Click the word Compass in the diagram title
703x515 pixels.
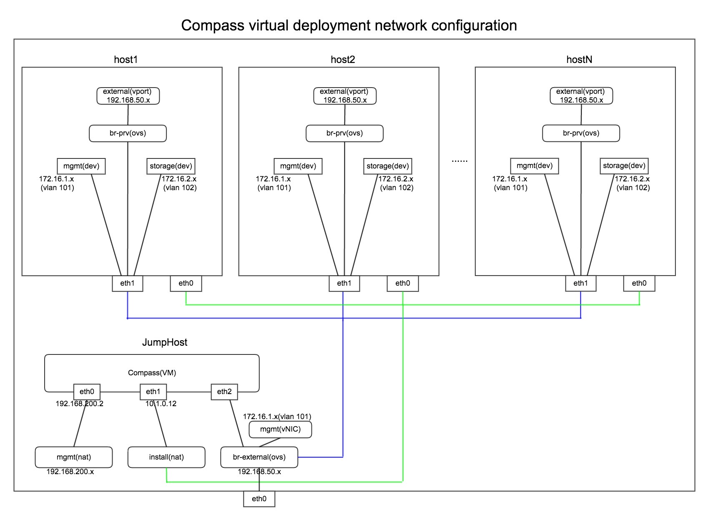[x=212, y=26]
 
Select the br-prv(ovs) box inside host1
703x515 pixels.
[x=128, y=133]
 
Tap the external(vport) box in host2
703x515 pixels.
[x=345, y=96]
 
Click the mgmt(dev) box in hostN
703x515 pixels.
[x=534, y=166]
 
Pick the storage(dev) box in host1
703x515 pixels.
[x=171, y=166]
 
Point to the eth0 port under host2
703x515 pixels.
[x=402, y=284]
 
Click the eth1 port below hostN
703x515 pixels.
[x=580, y=284]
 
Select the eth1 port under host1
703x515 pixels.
[x=128, y=284]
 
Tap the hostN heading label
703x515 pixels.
[x=579, y=60]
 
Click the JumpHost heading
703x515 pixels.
[x=165, y=342]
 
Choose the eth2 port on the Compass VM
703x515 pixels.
[x=224, y=392]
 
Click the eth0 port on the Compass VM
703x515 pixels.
[x=87, y=392]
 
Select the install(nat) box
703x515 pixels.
[x=166, y=457]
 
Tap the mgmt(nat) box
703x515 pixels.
[x=74, y=457]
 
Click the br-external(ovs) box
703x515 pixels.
[x=259, y=457]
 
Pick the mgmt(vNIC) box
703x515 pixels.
[x=280, y=429]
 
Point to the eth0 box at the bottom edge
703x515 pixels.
[x=259, y=499]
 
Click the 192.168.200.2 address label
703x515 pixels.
[x=79, y=404]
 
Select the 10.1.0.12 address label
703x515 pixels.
[x=161, y=404]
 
